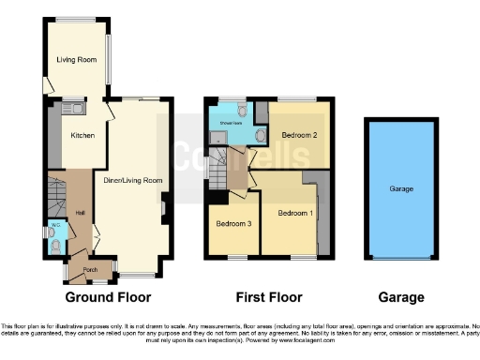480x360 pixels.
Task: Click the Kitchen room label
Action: [82, 136]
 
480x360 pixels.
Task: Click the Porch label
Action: [90, 270]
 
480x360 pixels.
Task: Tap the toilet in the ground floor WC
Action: [57, 245]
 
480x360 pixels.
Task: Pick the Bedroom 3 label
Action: [232, 224]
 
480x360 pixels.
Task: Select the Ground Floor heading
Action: [109, 298]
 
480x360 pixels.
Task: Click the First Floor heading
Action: [265, 298]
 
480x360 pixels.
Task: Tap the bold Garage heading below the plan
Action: [400, 298]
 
